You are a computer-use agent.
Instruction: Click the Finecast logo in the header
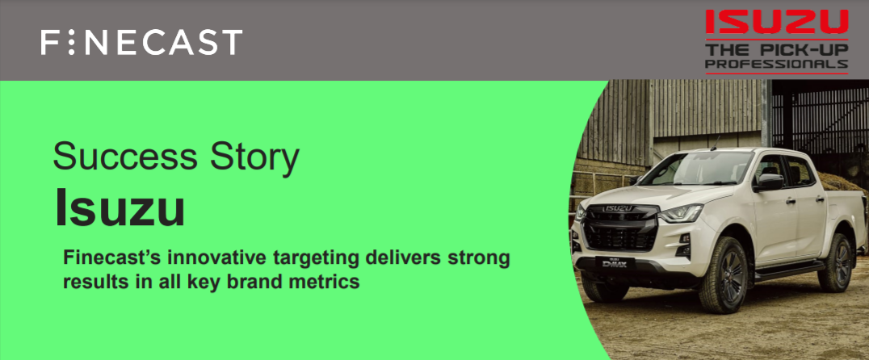click(x=141, y=42)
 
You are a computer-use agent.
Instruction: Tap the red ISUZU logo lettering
click(x=776, y=22)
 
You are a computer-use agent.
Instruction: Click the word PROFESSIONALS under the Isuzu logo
click(x=776, y=65)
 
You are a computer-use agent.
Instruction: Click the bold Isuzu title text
click(x=120, y=208)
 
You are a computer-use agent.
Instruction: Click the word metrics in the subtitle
click(x=321, y=282)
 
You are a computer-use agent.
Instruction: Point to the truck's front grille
click(x=622, y=228)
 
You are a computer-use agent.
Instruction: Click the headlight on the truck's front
click(x=680, y=212)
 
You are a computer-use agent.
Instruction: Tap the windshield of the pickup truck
click(x=697, y=169)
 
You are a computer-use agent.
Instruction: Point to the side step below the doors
click(x=787, y=272)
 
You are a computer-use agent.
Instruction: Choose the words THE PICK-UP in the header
click(x=776, y=50)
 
